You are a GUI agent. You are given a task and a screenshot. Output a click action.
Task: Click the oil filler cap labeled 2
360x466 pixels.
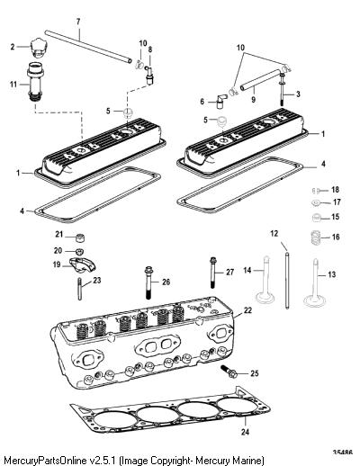(x=38, y=48)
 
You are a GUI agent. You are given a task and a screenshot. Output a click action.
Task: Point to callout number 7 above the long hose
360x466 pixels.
(x=78, y=22)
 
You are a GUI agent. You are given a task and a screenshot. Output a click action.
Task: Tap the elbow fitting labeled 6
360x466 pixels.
(x=221, y=102)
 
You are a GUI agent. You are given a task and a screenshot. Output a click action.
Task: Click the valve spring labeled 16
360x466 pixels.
(x=315, y=237)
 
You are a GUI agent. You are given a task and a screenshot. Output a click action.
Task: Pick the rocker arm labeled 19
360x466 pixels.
(x=82, y=265)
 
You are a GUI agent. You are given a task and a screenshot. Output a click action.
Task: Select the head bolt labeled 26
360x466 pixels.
(x=148, y=282)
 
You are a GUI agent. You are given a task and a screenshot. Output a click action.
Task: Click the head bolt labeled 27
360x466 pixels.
(x=212, y=273)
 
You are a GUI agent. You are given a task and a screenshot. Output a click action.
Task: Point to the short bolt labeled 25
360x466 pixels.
(x=229, y=372)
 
